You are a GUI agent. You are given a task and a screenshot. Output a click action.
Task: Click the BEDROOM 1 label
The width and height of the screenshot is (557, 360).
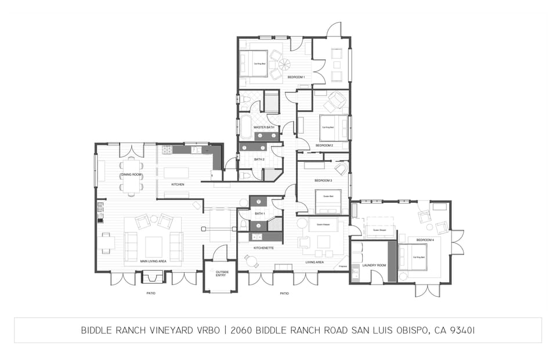[296, 77]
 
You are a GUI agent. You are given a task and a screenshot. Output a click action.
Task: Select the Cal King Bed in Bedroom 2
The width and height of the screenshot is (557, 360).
[333, 127]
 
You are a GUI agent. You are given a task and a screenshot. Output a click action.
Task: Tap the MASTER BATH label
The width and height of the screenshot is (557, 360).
[259, 127]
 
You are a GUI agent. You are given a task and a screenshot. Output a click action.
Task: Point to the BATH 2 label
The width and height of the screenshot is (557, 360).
[259, 159]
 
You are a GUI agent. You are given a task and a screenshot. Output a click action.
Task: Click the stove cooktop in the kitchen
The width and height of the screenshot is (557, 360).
[168, 150]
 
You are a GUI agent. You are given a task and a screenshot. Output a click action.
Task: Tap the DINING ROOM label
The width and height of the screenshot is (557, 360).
[131, 174]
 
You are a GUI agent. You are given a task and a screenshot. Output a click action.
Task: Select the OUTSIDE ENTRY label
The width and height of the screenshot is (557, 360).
[222, 273]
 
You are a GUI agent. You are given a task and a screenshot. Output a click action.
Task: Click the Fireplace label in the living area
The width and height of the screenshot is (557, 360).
[342, 266]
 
